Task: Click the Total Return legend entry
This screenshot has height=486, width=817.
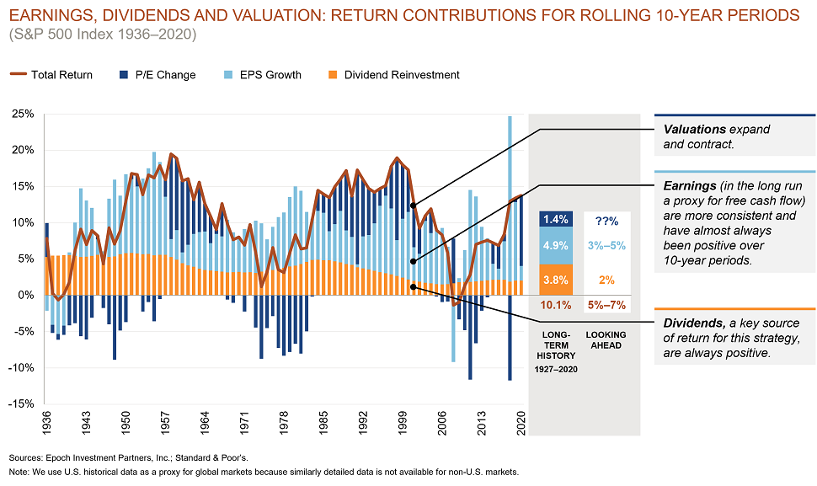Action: point(61,75)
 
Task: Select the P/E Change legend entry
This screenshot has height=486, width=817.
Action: point(165,75)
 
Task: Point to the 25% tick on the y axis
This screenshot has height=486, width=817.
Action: point(22,114)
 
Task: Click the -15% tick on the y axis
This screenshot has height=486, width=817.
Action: point(20,404)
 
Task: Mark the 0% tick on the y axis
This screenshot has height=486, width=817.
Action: point(25,296)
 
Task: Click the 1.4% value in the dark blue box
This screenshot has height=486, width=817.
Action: point(555,219)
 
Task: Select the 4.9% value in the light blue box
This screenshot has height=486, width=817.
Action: point(555,246)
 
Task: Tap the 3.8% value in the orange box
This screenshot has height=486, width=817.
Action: point(555,279)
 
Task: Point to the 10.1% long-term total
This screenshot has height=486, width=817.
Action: point(555,305)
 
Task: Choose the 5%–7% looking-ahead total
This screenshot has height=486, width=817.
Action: point(606,305)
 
